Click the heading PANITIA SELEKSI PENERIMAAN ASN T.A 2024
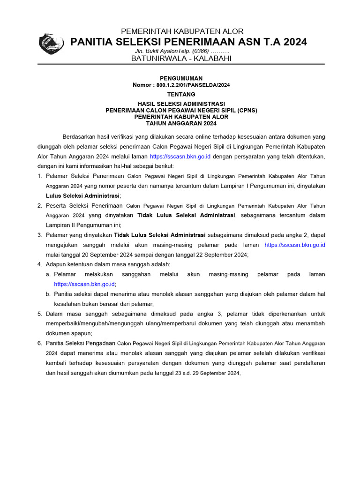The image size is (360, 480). click(x=188, y=42)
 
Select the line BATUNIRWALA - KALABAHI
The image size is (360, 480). click(x=181, y=59)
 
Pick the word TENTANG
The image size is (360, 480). click(x=181, y=94)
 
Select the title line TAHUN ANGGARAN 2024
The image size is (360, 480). click(x=181, y=123)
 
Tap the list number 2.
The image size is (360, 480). click(x=39, y=205)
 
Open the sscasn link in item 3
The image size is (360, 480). click(x=294, y=245)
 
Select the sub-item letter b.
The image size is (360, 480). click(x=48, y=294)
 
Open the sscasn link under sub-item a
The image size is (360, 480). click(x=84, y=284)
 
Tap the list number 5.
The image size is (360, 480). click(x=39, y=314)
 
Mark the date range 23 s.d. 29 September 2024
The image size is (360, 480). click(x=207, y=373)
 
